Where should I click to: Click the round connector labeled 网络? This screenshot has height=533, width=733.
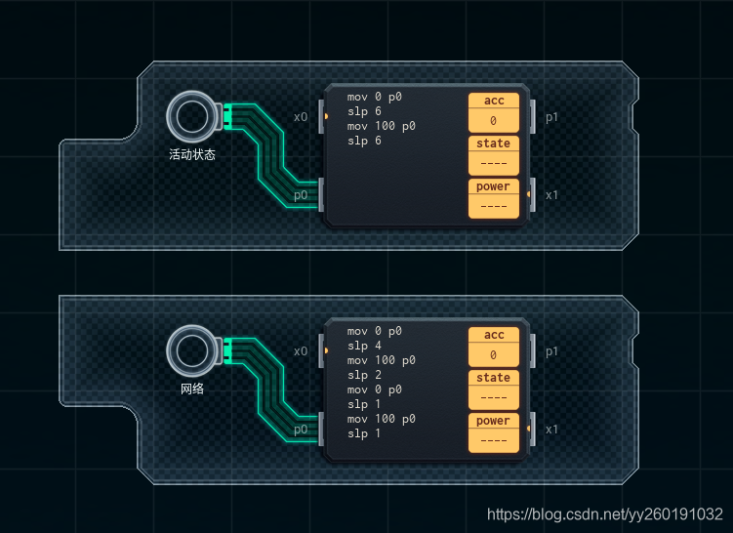click(x=191, y=350)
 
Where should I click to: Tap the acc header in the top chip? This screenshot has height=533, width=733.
click(x=494, y=101)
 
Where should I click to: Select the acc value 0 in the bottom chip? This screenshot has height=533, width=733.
click(x=494, y=355)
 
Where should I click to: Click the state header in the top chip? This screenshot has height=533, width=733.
click(x=494, y=143)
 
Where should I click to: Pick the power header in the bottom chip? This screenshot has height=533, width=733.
click(x=494, y=421)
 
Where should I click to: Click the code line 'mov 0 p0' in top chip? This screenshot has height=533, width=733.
click(x=374, y=98)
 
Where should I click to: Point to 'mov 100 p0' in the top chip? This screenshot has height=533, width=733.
click(x=381, y=127)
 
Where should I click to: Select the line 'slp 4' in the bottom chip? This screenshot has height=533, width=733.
click(x=364, y=346)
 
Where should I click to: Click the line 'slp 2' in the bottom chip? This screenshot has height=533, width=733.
click(x=364, y=375)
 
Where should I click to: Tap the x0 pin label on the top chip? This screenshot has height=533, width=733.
click(x=301, y=117)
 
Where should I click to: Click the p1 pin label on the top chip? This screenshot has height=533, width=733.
click(x=552, y=117)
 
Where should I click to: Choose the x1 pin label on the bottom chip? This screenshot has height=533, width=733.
click(x=552, y=429)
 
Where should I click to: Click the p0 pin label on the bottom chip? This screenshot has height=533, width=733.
click(x=301, y=429)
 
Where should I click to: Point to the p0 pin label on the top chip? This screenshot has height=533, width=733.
click(x=301, y=194)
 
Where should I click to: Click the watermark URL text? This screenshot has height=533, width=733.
click(x=605, y=514)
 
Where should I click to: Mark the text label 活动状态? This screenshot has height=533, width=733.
click(x=191, y=154)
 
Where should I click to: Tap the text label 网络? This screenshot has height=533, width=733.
click(x=191, y=388)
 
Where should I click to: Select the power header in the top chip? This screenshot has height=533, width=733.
click(x=494, y=186)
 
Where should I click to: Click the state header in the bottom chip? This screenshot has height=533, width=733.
click(x=494, y=378)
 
